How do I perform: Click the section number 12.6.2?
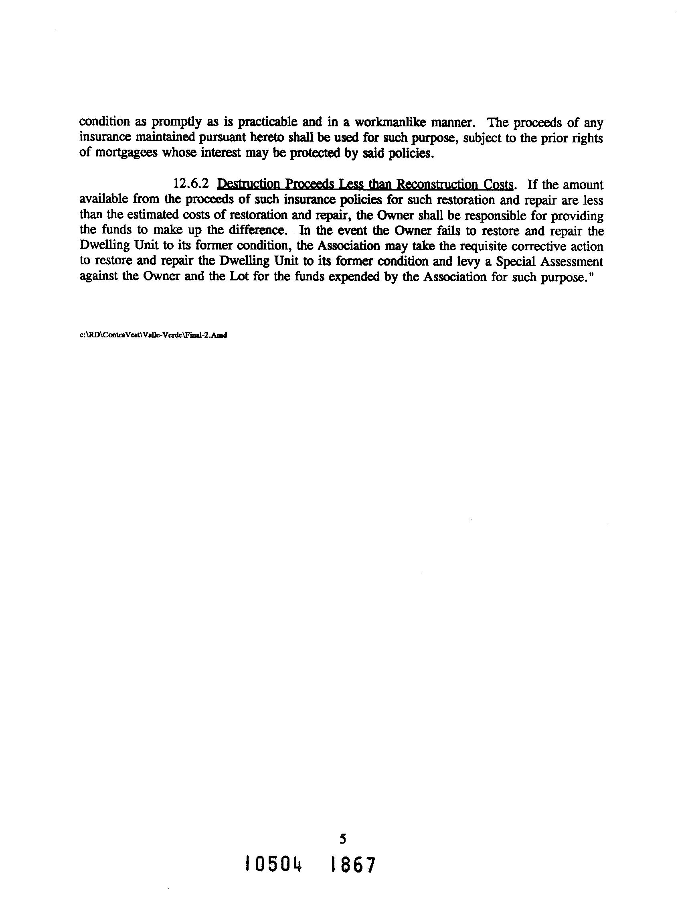point(191,184)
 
